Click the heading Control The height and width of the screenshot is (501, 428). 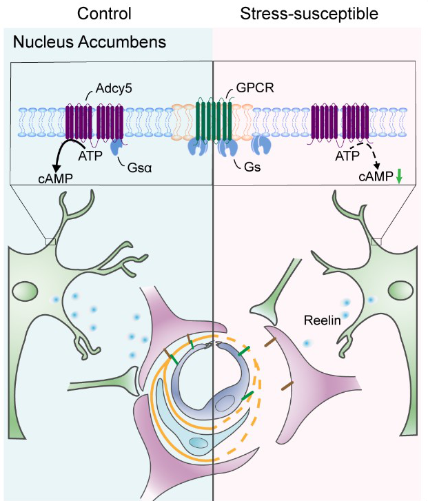[x=104, y=14]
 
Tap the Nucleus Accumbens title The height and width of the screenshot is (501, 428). [x=90, y=43]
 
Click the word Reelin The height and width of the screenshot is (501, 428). [x=324, y=321]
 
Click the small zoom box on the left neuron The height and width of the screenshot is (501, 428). [x=50, y=241]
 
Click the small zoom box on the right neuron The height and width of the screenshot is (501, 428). [x=376, y=241]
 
